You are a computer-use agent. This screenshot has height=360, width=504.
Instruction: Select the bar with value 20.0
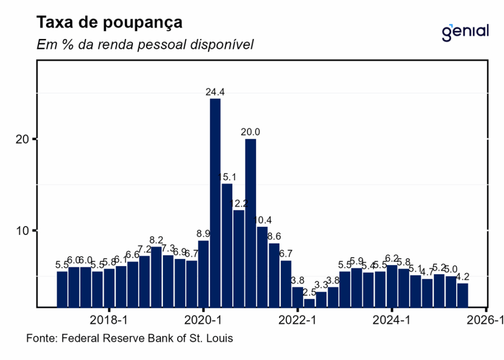tap(251, 222)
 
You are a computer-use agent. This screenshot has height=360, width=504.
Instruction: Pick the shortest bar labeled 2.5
tap(309, 302)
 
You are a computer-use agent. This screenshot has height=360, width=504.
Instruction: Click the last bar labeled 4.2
tap(463, 295)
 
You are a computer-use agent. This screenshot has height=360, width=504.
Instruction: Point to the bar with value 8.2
tap(156, 276)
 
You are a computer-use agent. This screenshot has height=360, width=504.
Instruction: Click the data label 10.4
tap(262, 220)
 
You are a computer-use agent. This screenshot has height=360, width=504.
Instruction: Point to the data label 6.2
tap(392, 258)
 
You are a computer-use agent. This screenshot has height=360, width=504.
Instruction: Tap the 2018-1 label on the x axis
tap(109, 320)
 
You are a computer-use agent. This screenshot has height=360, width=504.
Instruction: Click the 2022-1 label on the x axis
tap(298, 320)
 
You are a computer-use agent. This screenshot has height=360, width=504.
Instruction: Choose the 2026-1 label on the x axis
tap(486, 320)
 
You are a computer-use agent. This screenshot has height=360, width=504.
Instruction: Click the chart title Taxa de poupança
tap(110, 23)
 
